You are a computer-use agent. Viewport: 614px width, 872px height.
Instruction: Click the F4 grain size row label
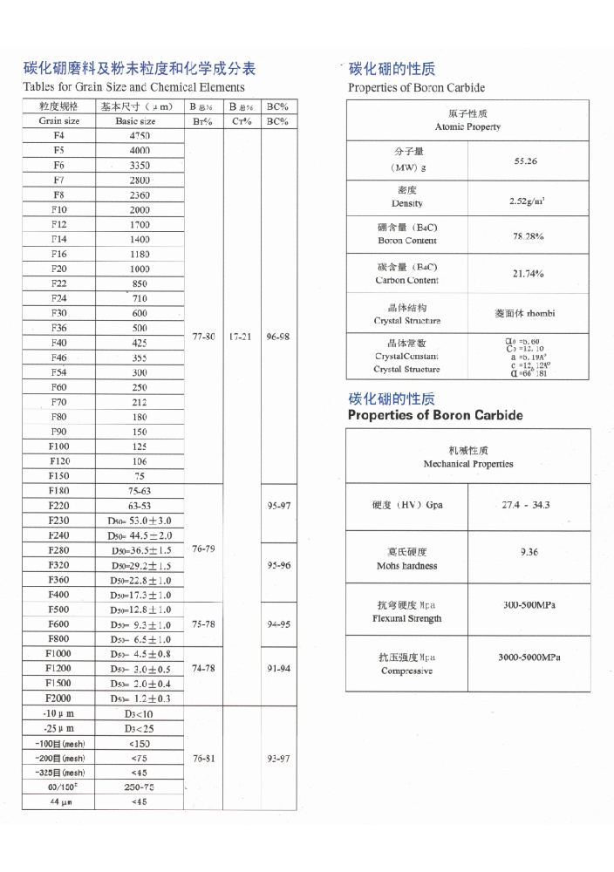[x=59, y=135]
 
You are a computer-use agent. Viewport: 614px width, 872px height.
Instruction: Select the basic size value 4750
[x=140, y=135]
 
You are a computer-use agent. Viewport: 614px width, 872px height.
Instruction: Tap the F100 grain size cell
[x=59, y=446]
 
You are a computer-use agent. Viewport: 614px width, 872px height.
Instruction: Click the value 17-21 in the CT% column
[x=242, y=336]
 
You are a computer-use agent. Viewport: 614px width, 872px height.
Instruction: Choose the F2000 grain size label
[x=59, y=698]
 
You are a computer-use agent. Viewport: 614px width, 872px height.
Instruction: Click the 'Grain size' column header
[x=59, y=121]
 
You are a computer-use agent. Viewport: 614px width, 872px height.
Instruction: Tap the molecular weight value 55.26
[x=526, y=161]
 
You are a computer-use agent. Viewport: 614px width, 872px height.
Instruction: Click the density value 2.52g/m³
[x=528, y=201]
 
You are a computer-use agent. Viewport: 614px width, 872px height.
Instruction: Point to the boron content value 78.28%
[x=528, y=235]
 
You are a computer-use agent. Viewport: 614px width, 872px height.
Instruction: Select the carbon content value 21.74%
[x=528, y=274]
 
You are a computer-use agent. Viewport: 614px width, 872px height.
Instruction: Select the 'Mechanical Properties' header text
[x=468, y=464]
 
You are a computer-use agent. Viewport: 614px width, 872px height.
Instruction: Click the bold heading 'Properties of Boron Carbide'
[x=435, y=415]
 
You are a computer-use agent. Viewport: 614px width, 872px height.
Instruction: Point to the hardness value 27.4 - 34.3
[x=526, y=505]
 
